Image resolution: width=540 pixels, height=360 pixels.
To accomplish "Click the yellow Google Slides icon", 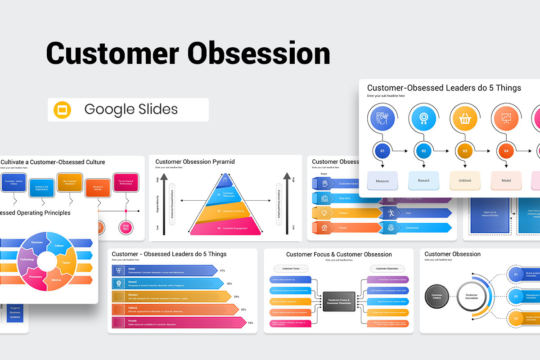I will pyautogui.click(x=63, y=110).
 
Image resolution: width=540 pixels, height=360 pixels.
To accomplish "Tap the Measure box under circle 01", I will pyautogui.click(x=382, y=180).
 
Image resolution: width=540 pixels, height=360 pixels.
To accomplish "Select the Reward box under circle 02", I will pyautogui.click(x=423, y=180).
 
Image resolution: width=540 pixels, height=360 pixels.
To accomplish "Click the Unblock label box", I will pyautogui.click(x=465, y=180).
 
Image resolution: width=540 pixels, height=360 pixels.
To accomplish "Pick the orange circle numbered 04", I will pyautogui.click(x=506, y=151).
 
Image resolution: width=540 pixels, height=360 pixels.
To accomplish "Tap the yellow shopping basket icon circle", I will pyautogui.click(x=465, y=119).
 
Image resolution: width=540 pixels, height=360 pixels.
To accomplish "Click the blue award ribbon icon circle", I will pyautogui.click(x=423, y=119).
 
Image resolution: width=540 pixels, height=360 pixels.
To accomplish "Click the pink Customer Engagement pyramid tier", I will pyautogui.click(x=225, y=228).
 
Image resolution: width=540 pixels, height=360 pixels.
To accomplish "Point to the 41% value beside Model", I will pyautogui.click(x=222, y=270).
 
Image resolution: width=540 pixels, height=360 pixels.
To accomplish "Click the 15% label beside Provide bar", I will pyautogui.click(x=251, y=323).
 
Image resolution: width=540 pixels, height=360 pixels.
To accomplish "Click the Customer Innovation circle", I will pyautogui.click(x=471, y=297).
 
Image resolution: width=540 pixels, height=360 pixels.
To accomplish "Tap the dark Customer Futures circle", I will pyautogui.click(x=436, y=297).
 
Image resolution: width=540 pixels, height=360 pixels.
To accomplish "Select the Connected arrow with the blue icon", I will pyautogui.click(x=414, y=228).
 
